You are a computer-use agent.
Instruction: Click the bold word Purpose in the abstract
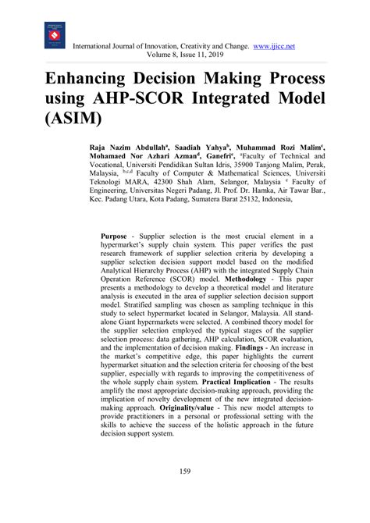point(119,236)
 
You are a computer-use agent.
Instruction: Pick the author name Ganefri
point(234,157)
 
